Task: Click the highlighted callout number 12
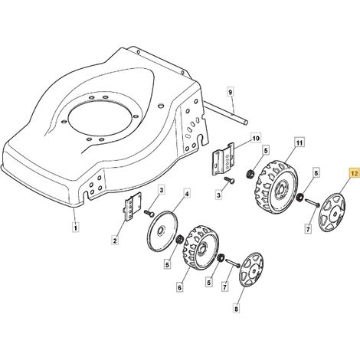[x=354, y=174]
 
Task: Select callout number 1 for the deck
[x=75, y=227]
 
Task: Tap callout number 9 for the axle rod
[x=230, y=92]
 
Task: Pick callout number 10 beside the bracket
[x=256, y=139]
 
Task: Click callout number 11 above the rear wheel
[x=299, y=142]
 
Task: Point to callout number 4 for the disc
[x=187, y=195]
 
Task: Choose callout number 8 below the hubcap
[x=236, y=309]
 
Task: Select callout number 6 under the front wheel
[x=179, y=287]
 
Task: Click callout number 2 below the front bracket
[x=115, y=241]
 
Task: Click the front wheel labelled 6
[x=200, y=248]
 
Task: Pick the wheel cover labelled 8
[x=251, y=270]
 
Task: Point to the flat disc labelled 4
[x=162, y=230]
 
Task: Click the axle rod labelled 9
[x=226, y=113]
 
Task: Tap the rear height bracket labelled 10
[x=223, y=159]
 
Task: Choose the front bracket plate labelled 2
[x=133, y=207]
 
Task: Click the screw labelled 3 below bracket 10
[x=230, y=180]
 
